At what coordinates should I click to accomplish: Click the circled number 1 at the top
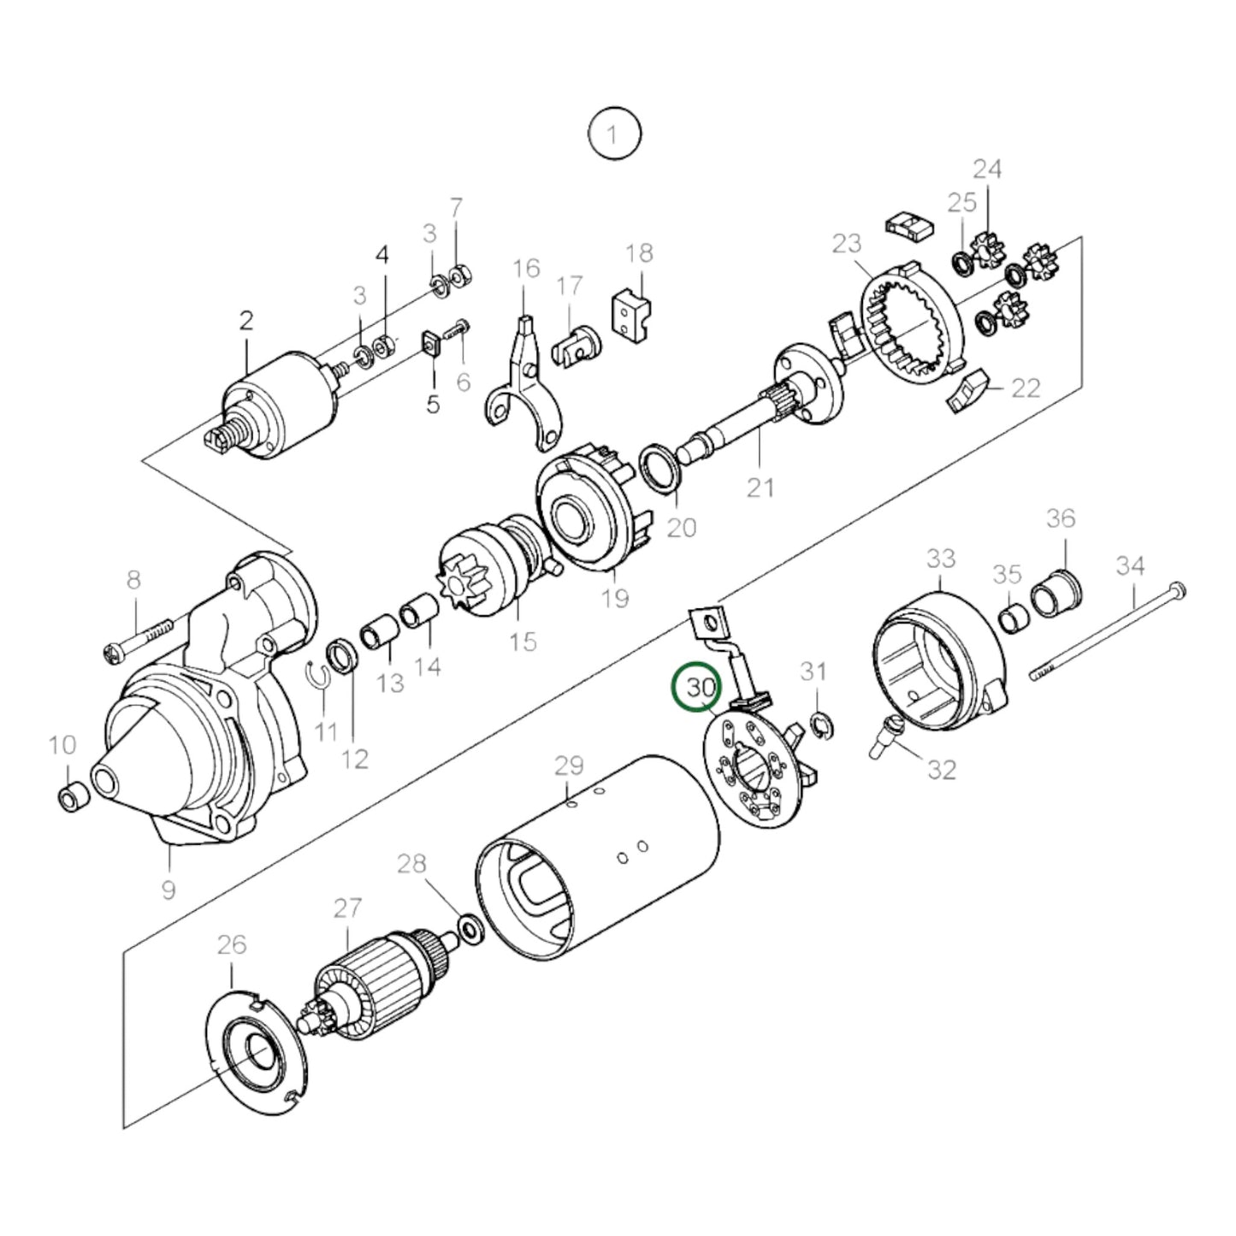613,133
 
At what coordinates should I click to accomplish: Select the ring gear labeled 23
911,326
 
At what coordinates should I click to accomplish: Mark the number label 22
1026,387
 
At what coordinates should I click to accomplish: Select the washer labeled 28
469,926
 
